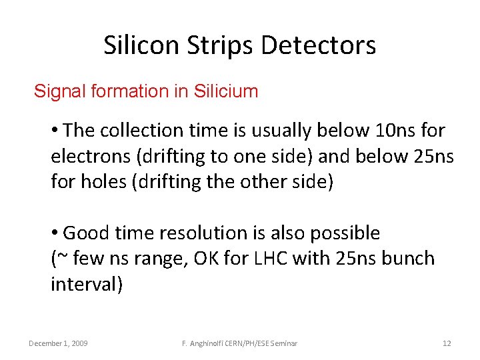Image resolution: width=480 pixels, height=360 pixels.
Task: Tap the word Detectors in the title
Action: pos(319,45)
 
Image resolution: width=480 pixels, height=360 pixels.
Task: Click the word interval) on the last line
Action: pos(87,284)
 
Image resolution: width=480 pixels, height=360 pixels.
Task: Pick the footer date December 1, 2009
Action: pos(58,343)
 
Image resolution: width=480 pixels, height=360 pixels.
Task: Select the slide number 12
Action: pos(447,343)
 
